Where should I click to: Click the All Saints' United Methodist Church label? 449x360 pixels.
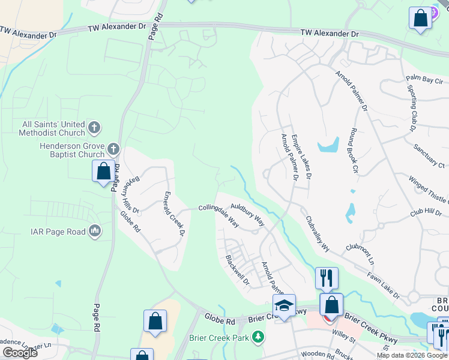point(53,128)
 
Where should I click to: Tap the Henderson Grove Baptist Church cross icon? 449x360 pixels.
point(114,149)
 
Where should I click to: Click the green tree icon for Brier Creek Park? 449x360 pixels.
point(258,336)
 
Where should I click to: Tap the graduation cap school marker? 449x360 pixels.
point(284,305)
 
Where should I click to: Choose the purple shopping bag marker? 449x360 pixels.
point(421,18)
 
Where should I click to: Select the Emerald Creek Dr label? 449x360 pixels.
point(175,212)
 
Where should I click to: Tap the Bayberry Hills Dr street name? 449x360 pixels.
point(131,193)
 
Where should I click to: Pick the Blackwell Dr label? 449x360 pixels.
point(237,270)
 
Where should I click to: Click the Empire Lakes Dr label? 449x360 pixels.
point(301,157)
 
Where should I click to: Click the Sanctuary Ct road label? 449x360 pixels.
point(429,155)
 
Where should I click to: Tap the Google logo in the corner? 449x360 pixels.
point(20,353)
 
